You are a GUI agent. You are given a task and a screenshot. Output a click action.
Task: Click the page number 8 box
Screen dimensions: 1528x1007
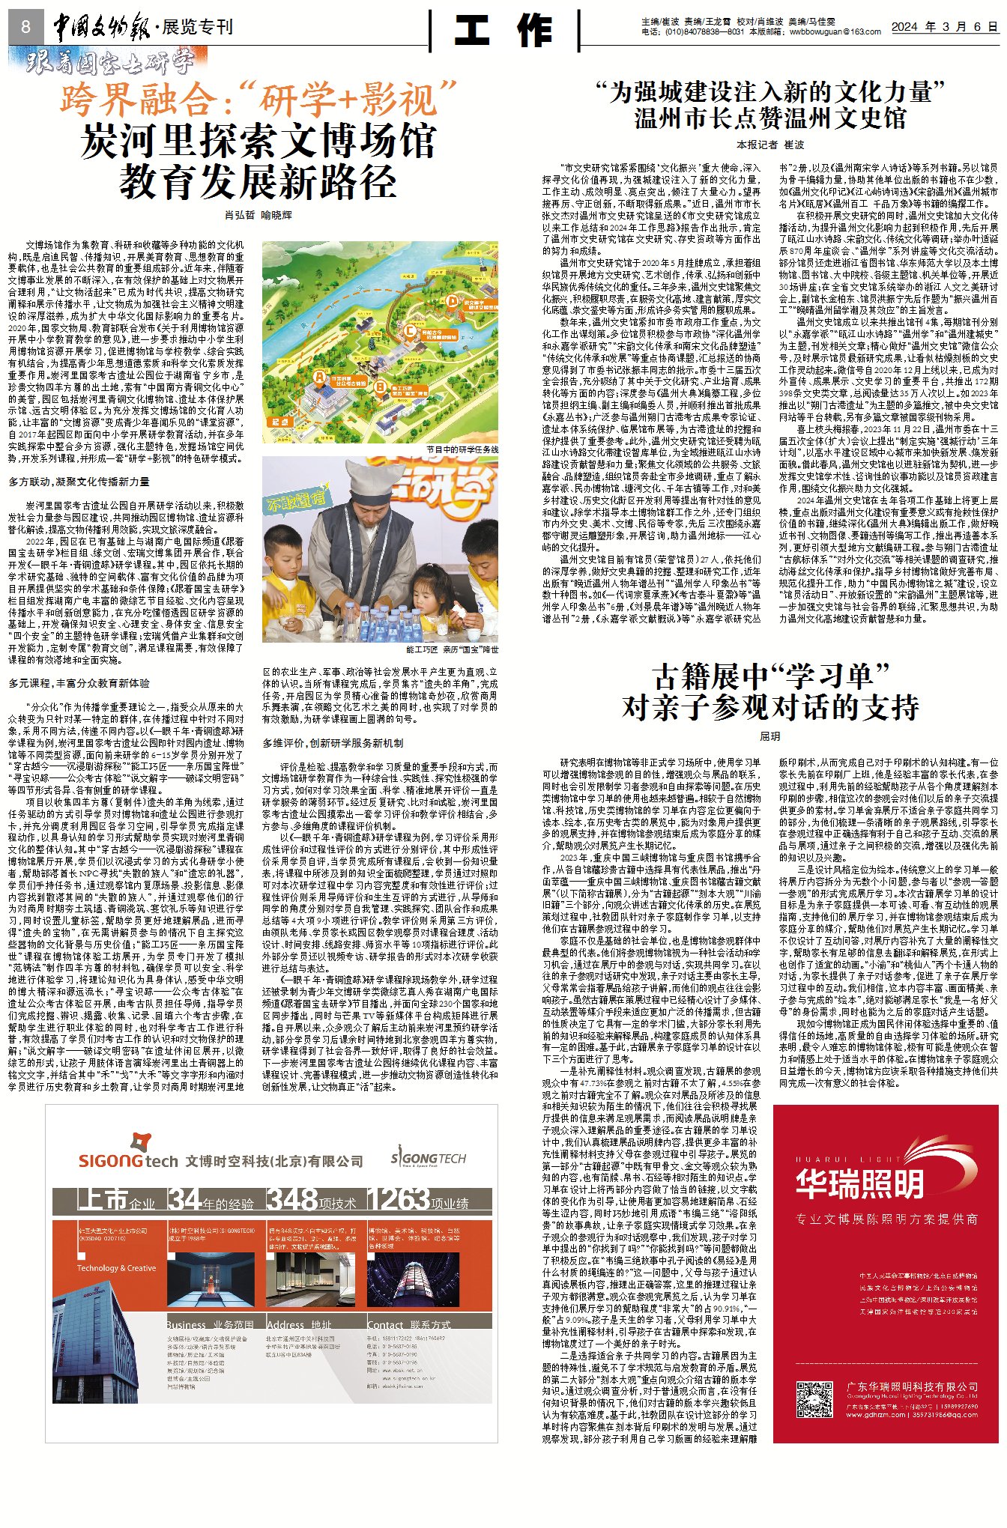[25, 28]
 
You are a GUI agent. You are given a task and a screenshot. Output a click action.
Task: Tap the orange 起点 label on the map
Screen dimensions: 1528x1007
[280, 422]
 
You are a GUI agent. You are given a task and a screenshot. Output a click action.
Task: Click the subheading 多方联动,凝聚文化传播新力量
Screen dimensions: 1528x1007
[79, 482]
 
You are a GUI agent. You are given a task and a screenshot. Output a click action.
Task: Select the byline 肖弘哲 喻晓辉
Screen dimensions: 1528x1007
[258, 215]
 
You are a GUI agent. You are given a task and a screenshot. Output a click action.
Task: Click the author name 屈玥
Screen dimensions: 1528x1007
[770, 736]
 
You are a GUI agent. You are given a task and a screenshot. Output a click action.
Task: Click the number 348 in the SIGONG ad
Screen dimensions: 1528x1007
[291, 1200]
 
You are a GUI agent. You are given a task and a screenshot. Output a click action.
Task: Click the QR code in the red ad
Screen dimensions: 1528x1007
[814, 1399]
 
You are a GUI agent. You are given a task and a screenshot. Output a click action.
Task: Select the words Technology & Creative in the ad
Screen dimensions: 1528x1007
[116, 1268]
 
